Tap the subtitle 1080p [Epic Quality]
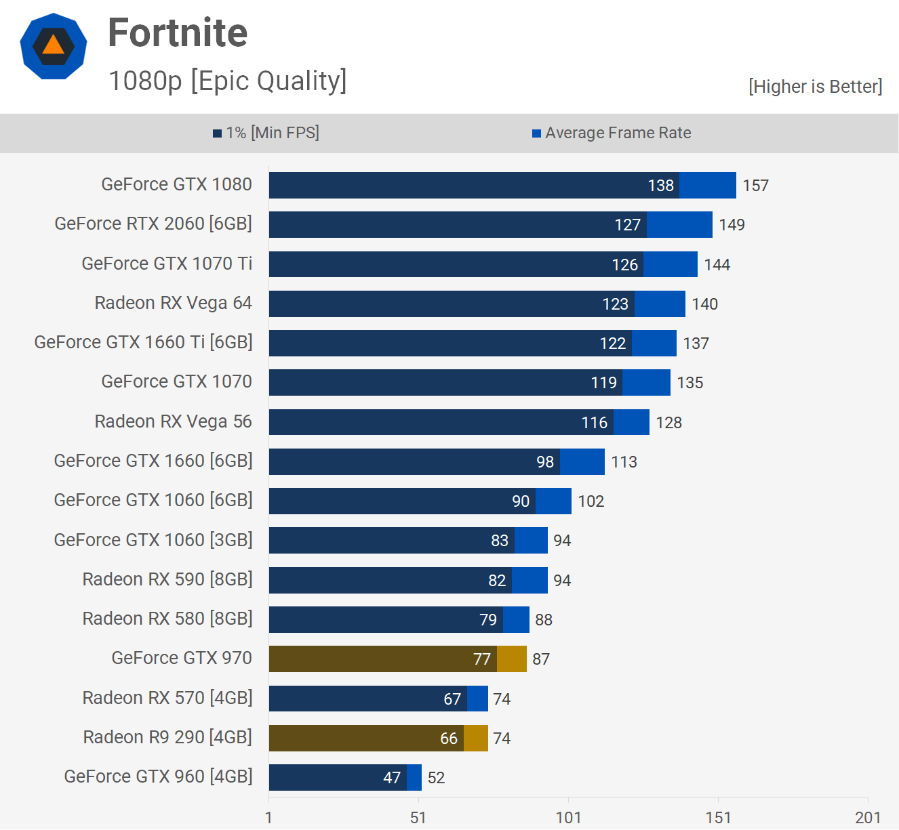click(228, 81)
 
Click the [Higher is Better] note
click(815, 87)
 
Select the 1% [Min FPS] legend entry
click(266, 133)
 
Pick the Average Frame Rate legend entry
click(612, 133)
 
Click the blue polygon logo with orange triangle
click(54, 46)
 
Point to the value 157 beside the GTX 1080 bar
click(755, 186)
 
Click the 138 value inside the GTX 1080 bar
click(660, 186)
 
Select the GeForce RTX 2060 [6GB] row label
click(153, 224)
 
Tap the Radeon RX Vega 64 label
click(173, 303)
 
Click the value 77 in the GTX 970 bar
click(481, 659)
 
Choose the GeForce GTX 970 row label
click(181, 658)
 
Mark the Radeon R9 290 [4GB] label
click(167, 737)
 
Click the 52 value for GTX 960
click(436, 778)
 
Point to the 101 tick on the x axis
click(568, 818)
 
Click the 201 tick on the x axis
click(867, 818)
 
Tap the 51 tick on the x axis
click(418, 818)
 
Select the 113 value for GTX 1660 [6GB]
click(624, 462)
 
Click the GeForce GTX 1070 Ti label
click(167, 264)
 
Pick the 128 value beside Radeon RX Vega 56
click(668, 423)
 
